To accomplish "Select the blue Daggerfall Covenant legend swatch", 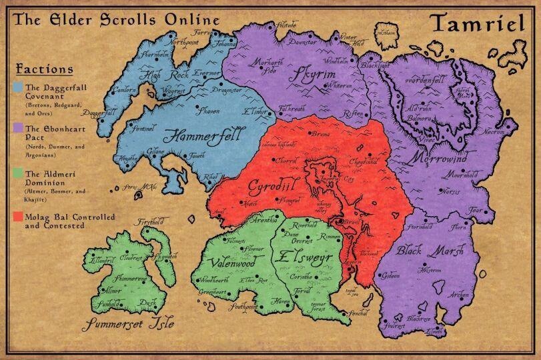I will pos(18,87).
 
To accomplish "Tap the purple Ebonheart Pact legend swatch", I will pos(18,127).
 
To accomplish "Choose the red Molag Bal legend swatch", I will pos(18,217).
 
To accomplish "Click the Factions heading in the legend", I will pos(44,69).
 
